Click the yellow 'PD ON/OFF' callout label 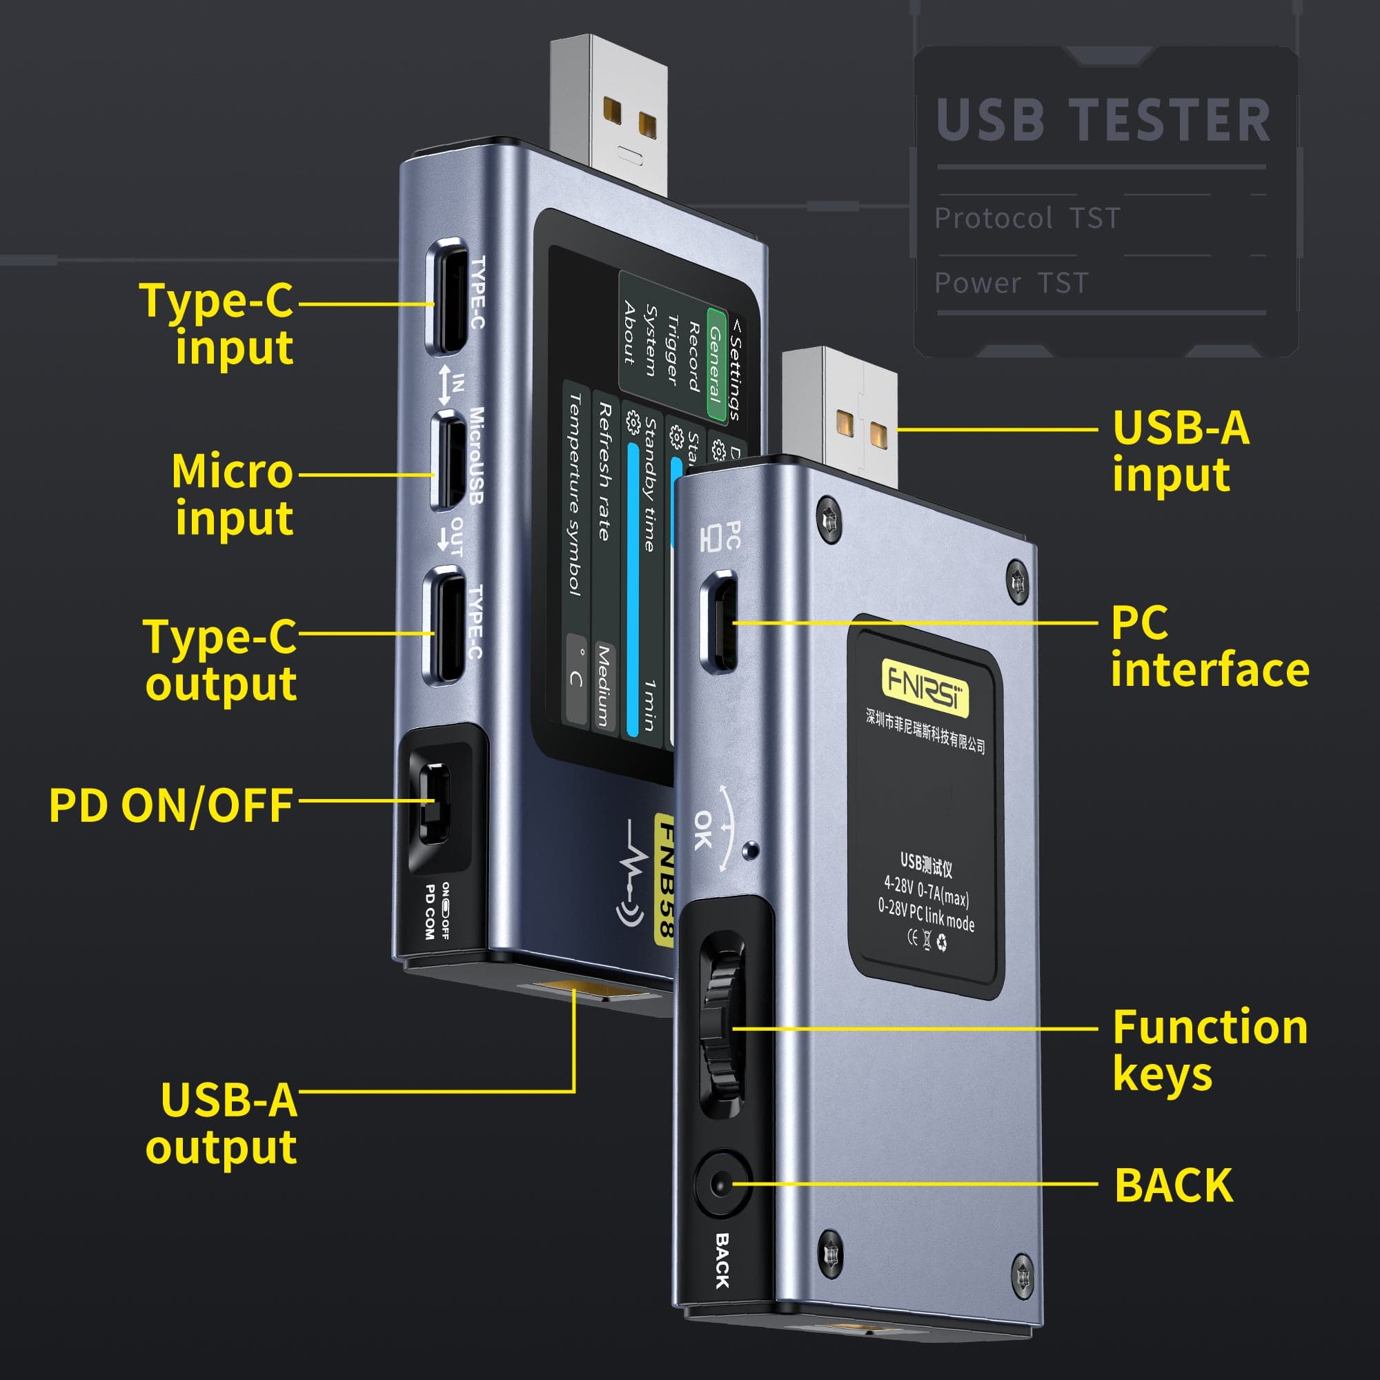tap(170, 805)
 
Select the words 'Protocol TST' tap(1027, 218)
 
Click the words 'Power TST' tap(1011, 284)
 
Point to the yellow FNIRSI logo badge tap(925, 688)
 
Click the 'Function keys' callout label tap(1210, 1050)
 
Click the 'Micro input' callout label tap(233, 494)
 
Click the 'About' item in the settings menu tap(629, 333)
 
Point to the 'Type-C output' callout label tap(221, 659)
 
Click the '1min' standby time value tap(649, 705)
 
